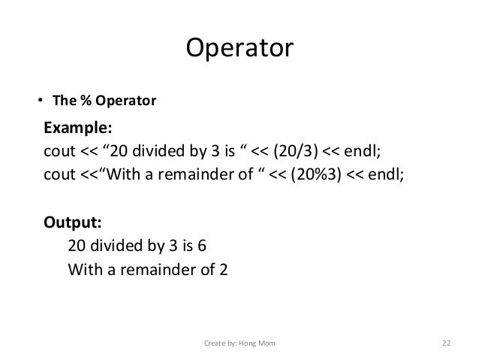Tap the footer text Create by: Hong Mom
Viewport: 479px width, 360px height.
pos(239,343)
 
